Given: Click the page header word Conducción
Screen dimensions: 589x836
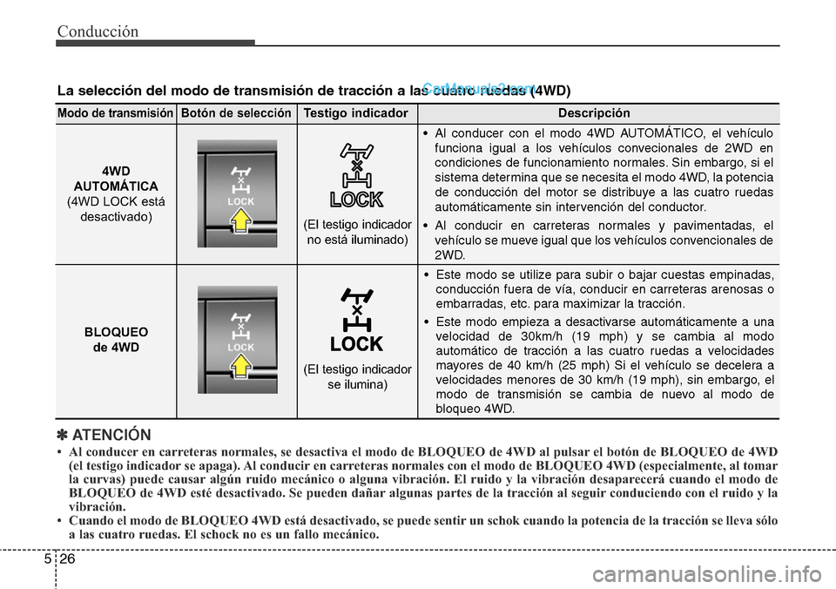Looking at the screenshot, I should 98,31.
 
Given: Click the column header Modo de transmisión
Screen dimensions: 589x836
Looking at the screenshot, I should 115,114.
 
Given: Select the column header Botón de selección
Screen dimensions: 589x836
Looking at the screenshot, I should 235,114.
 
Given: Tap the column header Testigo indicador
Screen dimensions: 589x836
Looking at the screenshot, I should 356,114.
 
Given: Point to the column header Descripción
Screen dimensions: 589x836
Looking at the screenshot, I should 594,114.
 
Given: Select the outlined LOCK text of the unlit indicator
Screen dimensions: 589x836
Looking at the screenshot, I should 357,200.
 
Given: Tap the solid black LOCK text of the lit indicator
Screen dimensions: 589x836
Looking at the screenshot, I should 357,342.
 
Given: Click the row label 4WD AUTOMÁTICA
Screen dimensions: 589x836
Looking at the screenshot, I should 115,179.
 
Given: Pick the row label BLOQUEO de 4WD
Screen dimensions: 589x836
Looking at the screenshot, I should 115,340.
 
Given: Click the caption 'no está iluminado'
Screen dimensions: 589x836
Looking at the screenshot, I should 357,240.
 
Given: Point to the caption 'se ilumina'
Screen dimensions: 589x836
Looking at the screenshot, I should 357,384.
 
